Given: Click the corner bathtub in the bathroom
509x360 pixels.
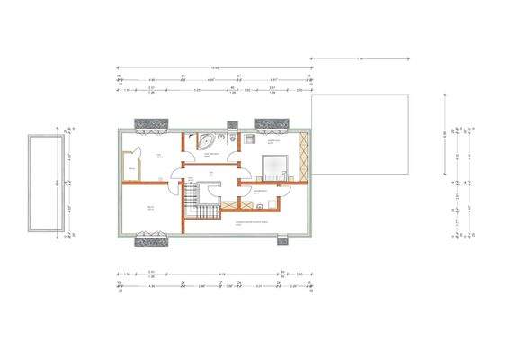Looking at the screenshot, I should (x=204, y=141).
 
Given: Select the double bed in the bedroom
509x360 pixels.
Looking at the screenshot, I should (x=274, y=167).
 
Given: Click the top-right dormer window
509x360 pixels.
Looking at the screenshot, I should (x=267, y=123).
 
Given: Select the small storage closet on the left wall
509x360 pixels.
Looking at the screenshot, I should (x=131, y=168).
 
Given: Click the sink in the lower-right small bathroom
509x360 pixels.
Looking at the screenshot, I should (x=259, y=207).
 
